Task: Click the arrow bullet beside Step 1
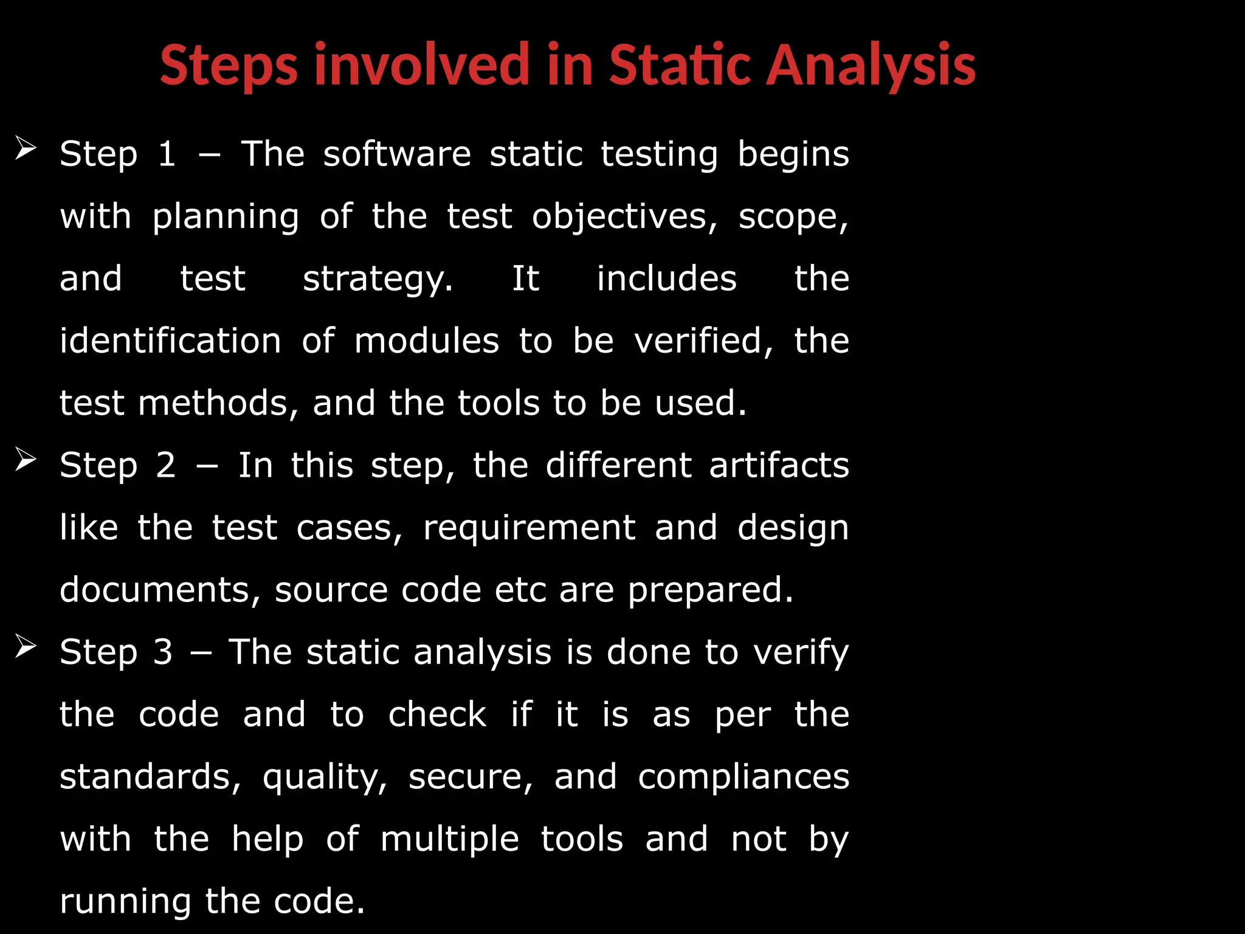pos(26,148)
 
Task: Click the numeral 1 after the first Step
pos(167,154)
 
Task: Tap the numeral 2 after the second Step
pos(166,465)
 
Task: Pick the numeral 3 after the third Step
pos(163,652)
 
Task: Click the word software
pos(397,154)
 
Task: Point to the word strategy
pos(378,280)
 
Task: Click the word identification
pos(170,341)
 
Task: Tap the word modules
pos(427,341)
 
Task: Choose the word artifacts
pos(779,465)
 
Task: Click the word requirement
pos(529,527)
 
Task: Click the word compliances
pos(743,777)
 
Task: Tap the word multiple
pos(450,840)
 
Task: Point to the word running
pos(125,902)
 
